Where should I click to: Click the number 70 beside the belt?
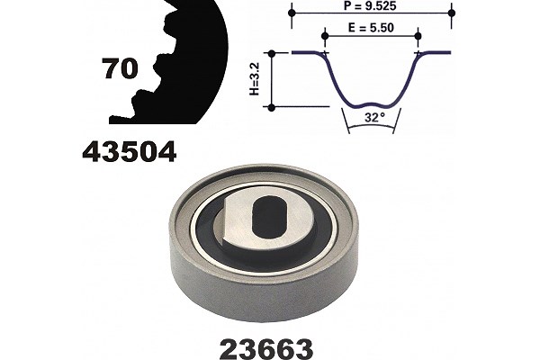121,68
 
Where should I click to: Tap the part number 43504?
130,152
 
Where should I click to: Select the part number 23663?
266,349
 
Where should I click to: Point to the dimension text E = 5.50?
371,28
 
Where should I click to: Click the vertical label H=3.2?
255,79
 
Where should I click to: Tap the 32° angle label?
374,118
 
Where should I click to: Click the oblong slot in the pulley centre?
268,218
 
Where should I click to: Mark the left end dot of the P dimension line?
292,13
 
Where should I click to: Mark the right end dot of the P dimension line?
452,13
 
